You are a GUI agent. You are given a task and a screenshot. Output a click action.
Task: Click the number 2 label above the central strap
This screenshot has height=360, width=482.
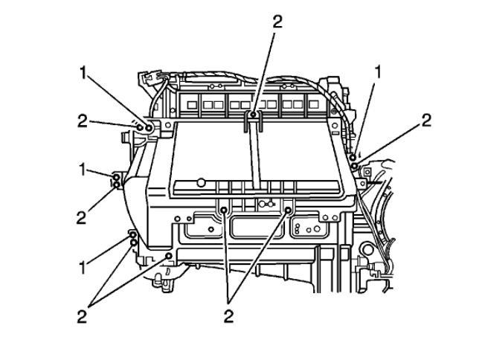point(277,22)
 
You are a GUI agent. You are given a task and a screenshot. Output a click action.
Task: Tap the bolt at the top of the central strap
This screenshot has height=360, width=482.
point(254,115)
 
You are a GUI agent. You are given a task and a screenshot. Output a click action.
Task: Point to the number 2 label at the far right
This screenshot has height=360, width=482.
point(426,120)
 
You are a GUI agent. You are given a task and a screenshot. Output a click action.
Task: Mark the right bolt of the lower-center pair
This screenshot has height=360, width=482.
point(288,211)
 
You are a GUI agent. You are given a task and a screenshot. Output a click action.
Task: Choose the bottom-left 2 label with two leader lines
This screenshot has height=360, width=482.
point(83,316)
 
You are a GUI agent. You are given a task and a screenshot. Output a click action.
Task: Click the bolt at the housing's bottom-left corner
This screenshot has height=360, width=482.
point(170,257)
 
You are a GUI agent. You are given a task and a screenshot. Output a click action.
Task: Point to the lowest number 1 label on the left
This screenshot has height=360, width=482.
point(84,263)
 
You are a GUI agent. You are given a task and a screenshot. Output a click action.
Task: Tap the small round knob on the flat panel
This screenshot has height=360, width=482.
point(201,181)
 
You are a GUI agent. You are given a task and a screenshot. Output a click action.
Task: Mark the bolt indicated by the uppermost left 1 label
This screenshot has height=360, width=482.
point(149,129)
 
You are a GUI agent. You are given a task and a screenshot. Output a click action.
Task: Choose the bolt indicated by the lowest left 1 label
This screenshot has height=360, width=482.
point(132,236)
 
